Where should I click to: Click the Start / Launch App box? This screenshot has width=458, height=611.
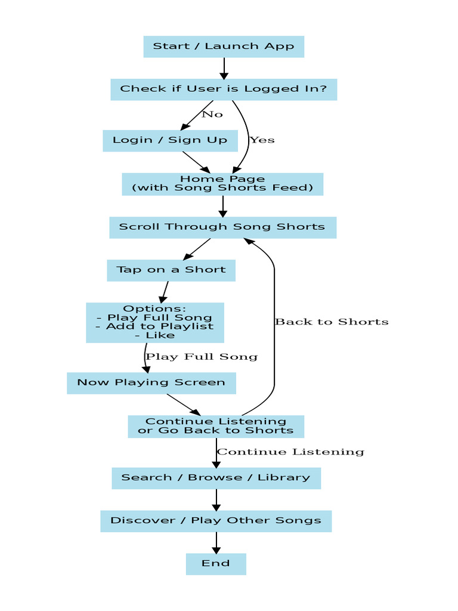click(x=224, y=47)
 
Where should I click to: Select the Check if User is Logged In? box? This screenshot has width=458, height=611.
click(x=224, y=90)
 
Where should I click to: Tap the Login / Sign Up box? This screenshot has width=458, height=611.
click(x=170, y=141)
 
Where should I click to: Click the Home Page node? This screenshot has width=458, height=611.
click(x=222, y=184)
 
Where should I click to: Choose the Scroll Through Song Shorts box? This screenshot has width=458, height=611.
click(x=222, y=227)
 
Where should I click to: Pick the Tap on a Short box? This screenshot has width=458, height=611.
click(x=171, y=270)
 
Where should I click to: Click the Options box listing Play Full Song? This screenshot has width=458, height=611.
click(x=155, y=322)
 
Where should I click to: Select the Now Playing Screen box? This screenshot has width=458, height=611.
click(x=151, y=383)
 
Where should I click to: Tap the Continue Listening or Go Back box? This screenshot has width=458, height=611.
click(x=216, y=426)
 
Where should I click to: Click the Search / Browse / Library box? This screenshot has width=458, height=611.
click(x=216, y=478)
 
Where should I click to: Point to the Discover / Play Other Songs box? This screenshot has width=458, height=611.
click(x=216, y=521)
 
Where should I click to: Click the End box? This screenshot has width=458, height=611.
click(x=216, y=564)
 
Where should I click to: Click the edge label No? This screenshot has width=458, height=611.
click(x=212, y=115)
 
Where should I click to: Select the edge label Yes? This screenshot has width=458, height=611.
click(x=262, y=140)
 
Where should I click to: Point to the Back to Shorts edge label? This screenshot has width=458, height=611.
click(x=332, y=322)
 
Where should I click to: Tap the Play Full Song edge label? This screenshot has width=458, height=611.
click(x=202, y=357)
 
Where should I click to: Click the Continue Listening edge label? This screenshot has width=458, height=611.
click(x=290, y=452)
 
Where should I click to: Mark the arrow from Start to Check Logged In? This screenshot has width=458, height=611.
click(x=224, y=68)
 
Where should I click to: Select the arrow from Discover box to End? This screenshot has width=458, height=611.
click(x=216, y=542)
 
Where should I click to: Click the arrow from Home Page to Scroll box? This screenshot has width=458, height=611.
click(x=222, y=206)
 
